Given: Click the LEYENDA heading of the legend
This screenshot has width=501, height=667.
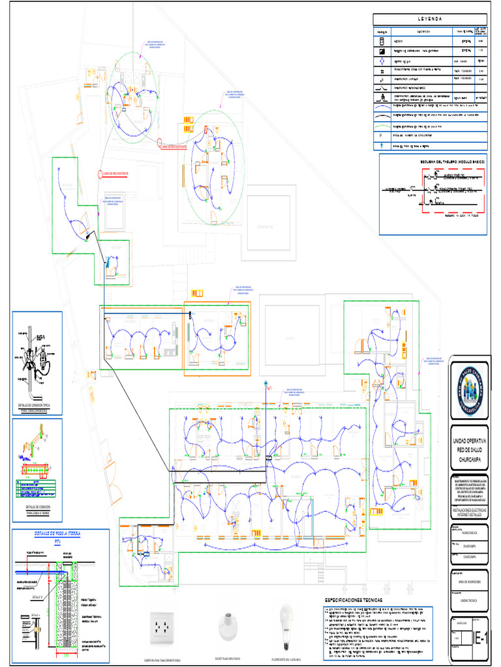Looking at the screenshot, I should click(x=430, y=19).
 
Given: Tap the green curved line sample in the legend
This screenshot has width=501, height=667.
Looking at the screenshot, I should click(x=382, y=128).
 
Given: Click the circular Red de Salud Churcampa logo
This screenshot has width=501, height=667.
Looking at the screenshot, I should click(x=469, y=391).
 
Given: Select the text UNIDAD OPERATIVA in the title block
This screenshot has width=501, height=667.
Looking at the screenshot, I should click(x=469, y=441).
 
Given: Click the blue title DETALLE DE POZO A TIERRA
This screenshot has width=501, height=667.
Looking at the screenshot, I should click(x=57, y=533).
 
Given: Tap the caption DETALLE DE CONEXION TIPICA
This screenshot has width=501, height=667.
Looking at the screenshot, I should click(x=38, y=405).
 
